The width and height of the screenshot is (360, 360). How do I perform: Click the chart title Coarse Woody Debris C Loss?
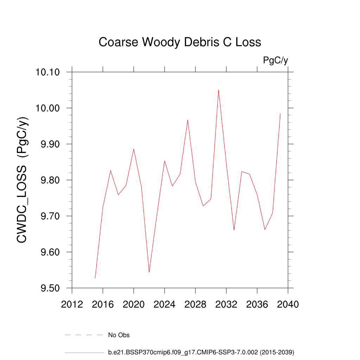(180, 42)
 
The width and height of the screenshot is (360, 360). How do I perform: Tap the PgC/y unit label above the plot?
(275, 60)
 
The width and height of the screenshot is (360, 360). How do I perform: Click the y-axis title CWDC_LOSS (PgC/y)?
(22, 180)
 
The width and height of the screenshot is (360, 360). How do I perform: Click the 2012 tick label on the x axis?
(72, 304)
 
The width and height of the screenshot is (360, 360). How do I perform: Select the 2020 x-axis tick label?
(134, 304)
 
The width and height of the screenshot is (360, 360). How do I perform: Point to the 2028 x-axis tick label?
(195, 304)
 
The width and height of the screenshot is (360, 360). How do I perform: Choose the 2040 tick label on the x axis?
(288, 304)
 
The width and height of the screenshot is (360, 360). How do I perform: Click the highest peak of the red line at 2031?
(218, 90)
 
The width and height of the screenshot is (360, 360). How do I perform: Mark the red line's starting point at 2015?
(95, 278)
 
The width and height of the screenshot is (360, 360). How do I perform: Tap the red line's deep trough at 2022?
(149, 272)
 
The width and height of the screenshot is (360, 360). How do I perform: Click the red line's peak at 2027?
(188, 120)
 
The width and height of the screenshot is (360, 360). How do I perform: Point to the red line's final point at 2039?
(280, 114)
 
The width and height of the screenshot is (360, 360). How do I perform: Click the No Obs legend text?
(119, 335)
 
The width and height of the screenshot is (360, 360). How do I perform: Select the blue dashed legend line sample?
(84, 335)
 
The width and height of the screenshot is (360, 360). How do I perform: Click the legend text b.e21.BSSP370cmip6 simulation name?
(201, 352)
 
